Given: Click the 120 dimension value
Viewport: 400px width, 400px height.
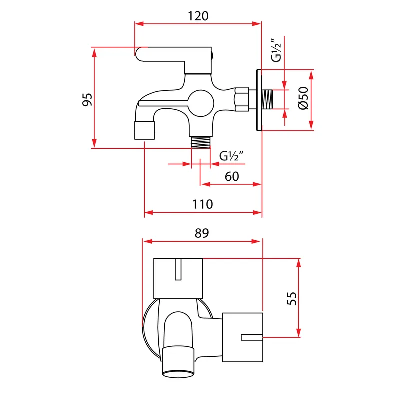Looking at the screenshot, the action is pos(198,16).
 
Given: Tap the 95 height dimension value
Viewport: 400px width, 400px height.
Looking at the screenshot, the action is pos(87,99).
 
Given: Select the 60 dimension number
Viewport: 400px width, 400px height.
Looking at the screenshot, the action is pos(232,176).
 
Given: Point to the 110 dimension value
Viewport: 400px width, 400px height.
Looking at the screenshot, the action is pos(202,204).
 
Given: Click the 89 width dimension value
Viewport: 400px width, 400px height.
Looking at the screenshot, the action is pos(202,233).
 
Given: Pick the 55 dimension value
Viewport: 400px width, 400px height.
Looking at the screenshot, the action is pos(292,298).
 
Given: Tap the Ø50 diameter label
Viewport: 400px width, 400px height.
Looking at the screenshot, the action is pos(303,98).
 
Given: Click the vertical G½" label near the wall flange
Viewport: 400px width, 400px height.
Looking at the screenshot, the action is pos(276,50).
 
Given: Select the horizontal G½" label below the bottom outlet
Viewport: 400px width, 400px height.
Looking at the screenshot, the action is pos(231,156).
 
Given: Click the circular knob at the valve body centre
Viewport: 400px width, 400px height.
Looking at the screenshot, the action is pos(201,103).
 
